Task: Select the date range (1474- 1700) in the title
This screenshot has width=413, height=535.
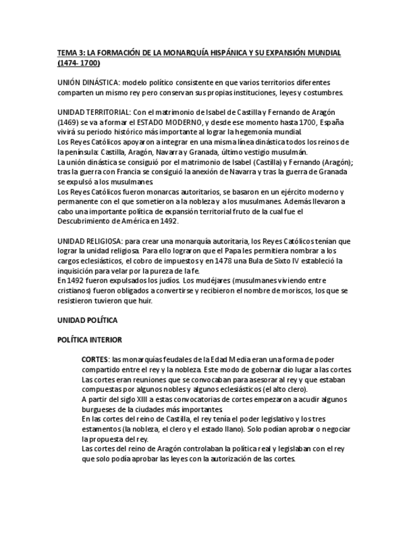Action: (78, 63)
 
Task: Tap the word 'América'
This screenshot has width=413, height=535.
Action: (138, 221)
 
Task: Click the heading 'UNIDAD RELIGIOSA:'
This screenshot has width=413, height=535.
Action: (90, 241)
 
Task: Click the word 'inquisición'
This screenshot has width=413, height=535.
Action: (77, 271)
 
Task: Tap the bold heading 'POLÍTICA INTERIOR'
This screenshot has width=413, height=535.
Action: (90, 339)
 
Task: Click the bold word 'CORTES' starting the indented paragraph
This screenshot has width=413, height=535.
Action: (95, 359)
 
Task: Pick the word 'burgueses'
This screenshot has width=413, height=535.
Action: (100, 409)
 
